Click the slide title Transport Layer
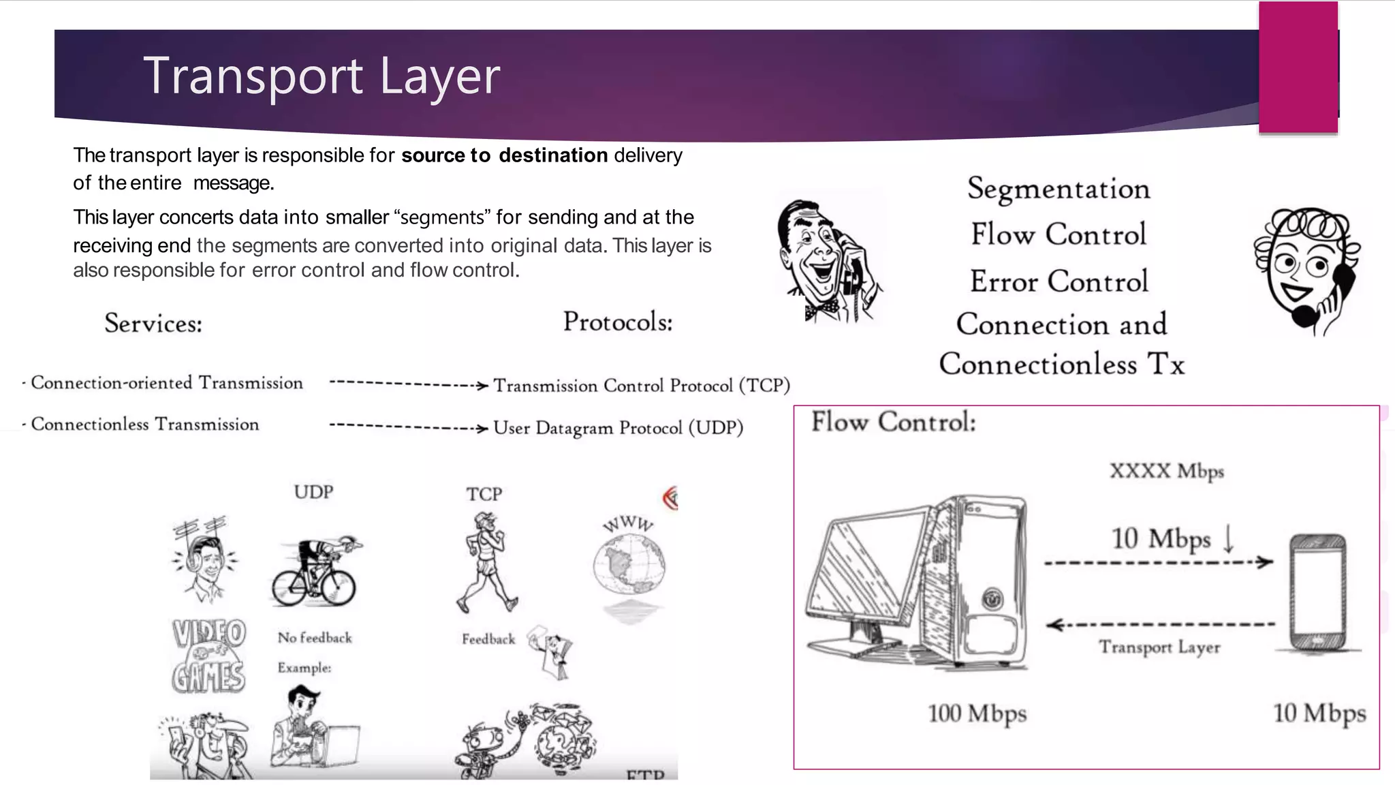[x=322, y=75]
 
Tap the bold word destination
[x=552, y=155]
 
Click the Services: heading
[x=153, y=323]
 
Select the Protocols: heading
[x=618, y=322]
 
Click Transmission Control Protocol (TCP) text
[x=641, y=386]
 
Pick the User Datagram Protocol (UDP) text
[x=618, y=428]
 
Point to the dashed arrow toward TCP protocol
[x=408, y=385]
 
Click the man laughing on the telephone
[x=828, y=262]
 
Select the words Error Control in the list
[x=1059, y=281]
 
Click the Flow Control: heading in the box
[x=893, y=422]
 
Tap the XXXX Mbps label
[x=1166, y=471]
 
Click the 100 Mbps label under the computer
[x=977, y=713]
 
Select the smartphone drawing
[x=1317, y=593]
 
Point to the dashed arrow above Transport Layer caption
[x=1160, y=624]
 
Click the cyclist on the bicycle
[x=315, y=572]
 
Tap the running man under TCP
[x=486, y=562]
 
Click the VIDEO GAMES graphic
[x=208, y=656]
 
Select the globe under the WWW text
[x=628, y=565]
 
